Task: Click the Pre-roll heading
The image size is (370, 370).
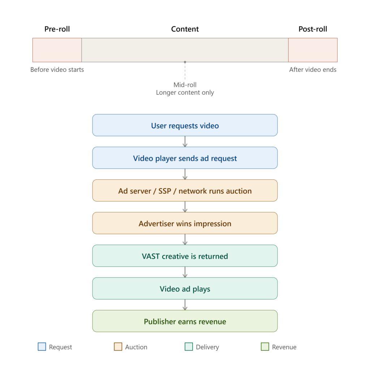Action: tap(57, 29)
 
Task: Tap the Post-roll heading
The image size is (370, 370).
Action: tap(313, 29)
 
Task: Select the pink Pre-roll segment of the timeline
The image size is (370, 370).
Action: tap(57, 50)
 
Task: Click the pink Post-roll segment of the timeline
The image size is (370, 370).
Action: tap(313, 50)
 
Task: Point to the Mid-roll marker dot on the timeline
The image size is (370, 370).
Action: tap(185, 62)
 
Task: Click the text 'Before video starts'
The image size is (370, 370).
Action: tap(57, 70)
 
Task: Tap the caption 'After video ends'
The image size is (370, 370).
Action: tap(313, 70)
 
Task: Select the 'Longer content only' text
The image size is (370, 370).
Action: tap(185, 92)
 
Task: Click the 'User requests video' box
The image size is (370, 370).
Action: tap(185, 125)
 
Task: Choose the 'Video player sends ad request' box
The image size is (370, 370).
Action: tap(185, 158)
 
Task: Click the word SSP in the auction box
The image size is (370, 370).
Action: tap(165, 191)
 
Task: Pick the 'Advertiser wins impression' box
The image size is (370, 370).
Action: tap(185, 223)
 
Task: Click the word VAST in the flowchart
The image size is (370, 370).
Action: tap(151, 256)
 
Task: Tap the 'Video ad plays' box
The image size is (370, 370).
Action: tap(185, 289)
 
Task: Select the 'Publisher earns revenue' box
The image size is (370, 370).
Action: tap(185, 321)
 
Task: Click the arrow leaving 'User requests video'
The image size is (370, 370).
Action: tap(185, 142)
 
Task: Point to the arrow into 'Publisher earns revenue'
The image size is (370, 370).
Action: tap(185, 305)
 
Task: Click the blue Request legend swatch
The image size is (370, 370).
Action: tap(42, 347)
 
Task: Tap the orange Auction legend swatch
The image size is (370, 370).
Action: tap(118, 347)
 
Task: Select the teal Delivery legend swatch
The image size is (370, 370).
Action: tap(189, 347)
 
